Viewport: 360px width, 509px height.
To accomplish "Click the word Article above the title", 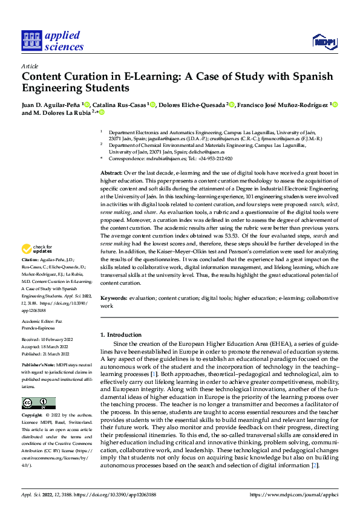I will pos(30,66).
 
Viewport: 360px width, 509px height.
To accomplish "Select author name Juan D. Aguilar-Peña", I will pos(52,105).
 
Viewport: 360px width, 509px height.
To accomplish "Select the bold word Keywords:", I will pos(114,299).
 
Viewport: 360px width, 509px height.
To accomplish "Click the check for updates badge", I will pos(38,249).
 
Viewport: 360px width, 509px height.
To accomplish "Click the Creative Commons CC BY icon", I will pos(38,403).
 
